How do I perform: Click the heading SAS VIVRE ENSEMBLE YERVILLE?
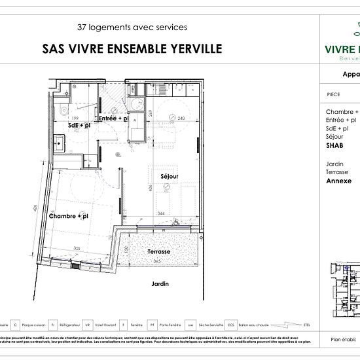[x=132, y=48]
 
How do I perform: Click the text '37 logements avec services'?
[x=132, y=27]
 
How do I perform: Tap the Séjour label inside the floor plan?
[x=170, y=177]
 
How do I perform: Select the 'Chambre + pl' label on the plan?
[x=68, y=215]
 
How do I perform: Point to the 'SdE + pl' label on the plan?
[x=79, y=124]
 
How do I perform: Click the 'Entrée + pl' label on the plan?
[x=113, y=119]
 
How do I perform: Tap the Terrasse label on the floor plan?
[x=158, y=251]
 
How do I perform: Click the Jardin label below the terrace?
[x=160, y=283]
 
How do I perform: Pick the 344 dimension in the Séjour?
[x=161, y=214]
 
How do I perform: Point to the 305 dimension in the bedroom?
[x=77, y=248]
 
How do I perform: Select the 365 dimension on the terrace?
[x=157, y=262]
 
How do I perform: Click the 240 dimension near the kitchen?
[x=182, y=118]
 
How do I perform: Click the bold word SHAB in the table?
[x=336, y=147]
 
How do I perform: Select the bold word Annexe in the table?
[x=338, y=181]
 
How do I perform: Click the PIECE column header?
[x=333, y=94]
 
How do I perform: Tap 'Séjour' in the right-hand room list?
[x=336, y=137]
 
